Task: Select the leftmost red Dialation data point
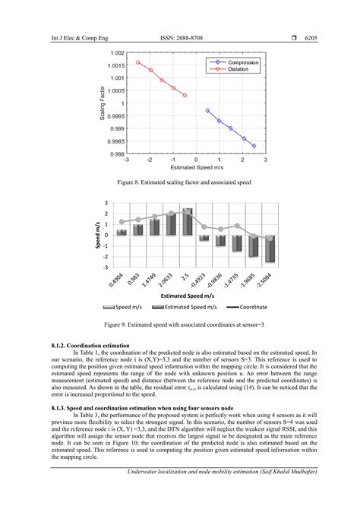(x=138, y=62)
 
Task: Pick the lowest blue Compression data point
(x=254, y=146)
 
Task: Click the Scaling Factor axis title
(x=103, y=103)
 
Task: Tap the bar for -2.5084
(x=270, y=248)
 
